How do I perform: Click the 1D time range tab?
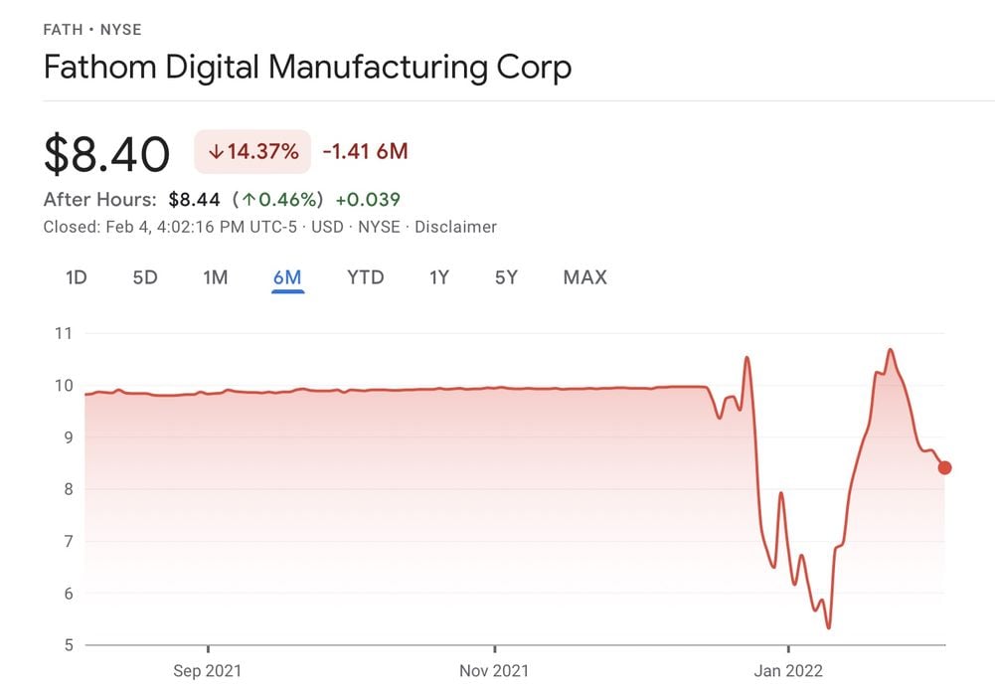point(77,277)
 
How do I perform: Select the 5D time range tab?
point(145,277)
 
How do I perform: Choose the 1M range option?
point(216,277)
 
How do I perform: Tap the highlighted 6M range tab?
point(287,277)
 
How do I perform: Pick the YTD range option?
point(365,277)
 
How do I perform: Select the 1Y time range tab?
point(439,277)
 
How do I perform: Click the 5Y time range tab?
point(506,277)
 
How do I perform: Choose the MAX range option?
point(584,277)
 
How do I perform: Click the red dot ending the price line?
point(944,467)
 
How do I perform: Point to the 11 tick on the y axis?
point(64,333)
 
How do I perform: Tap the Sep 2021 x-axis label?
point(208,671)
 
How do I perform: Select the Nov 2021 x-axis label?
point(494,671)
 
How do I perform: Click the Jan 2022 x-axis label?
point(788,671)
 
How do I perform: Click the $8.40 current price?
point(106,154)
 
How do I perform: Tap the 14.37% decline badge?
point(252,152)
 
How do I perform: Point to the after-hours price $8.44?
point(195,199)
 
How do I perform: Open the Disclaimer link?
point(455,227)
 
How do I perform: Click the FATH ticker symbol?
point(64,30)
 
